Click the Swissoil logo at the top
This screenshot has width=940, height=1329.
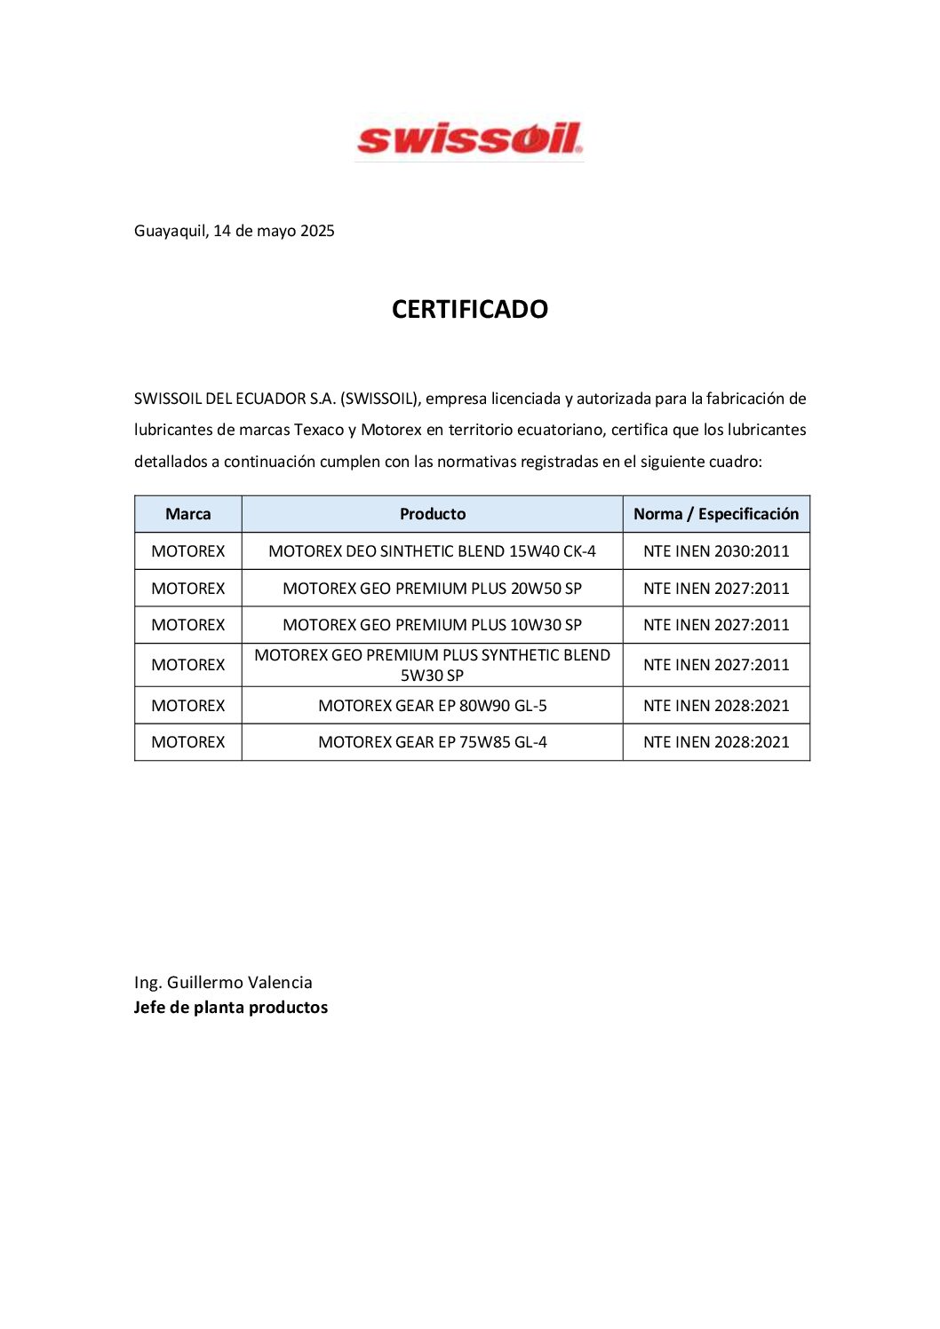[x=469, y=139]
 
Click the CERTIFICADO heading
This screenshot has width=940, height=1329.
[x=470, y=309]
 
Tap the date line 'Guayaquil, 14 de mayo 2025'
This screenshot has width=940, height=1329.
[x=235, y=231]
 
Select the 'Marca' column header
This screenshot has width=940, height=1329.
[x=188, y=514]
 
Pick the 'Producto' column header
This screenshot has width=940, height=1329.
[x=433, y=514]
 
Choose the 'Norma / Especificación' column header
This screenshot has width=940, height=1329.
[x=716, y=514]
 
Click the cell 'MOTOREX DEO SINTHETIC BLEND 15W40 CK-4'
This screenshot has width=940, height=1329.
[x=433, y=551]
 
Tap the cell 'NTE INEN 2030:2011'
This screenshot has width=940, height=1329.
[x=716, y=551]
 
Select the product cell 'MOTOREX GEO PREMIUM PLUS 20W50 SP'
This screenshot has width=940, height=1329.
[x=433, y=589]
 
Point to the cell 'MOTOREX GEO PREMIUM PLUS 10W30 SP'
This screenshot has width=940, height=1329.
[x=433, y=625]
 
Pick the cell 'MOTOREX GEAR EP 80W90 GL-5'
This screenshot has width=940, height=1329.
[x=433, y=706]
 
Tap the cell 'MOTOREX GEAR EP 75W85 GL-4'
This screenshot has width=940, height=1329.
[x=433, y=742]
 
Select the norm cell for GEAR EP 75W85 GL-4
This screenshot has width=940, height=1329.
[x=716, y=742]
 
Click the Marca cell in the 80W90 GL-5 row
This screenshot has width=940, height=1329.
[x=188, y=706]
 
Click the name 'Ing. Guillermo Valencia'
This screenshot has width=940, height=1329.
[x=223, y=983]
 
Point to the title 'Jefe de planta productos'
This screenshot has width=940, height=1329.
[x=231, y=1008]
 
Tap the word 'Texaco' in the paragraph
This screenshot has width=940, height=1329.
[x=319, y=430]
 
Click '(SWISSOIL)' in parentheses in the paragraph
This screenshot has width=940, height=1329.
[x=380, y=399]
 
